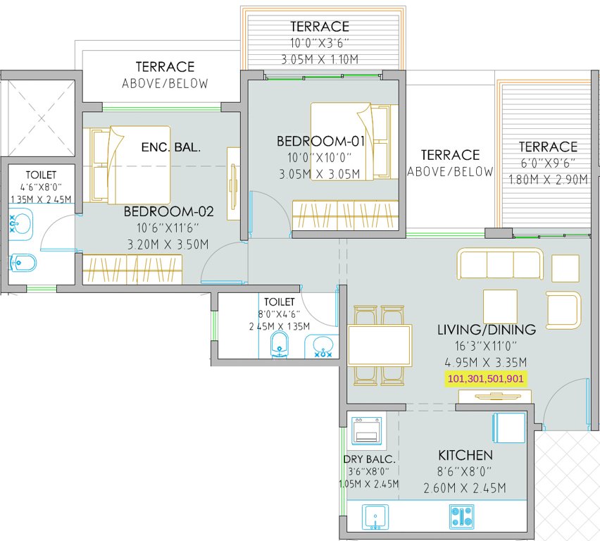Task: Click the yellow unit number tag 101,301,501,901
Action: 487,379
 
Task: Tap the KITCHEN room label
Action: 465,455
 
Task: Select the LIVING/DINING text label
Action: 486,329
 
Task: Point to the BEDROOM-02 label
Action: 168,211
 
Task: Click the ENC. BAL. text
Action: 171,148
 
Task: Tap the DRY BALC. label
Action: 370,459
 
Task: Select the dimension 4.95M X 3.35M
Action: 486,363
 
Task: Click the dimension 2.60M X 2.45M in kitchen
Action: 465,488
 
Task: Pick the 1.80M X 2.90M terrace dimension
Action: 548,180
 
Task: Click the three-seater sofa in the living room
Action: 500,265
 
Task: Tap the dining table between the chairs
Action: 380,345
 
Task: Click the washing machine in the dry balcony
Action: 367,430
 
